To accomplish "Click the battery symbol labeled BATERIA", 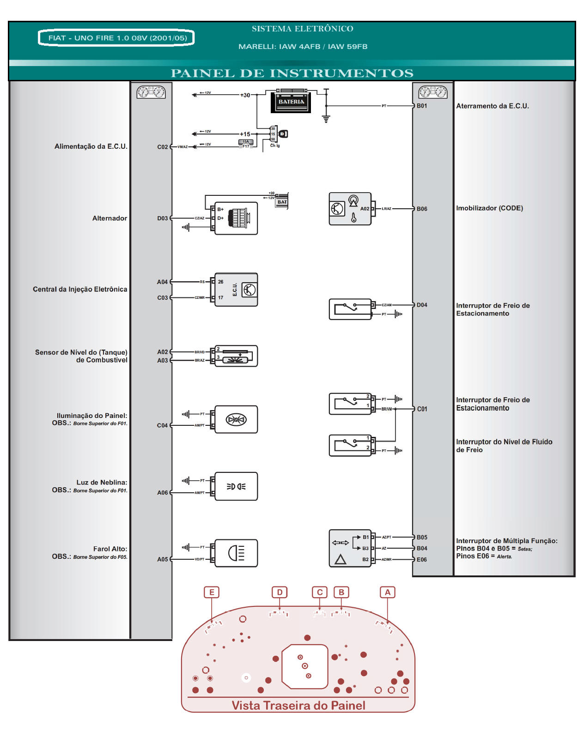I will click(291, 102).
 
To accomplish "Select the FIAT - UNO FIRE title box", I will click(116, 38).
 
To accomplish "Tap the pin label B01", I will click(422, 106).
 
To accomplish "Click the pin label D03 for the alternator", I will click(163, 218).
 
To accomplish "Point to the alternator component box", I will click(236, 218).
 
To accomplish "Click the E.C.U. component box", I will click(236, 290).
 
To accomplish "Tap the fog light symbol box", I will click(236, 486).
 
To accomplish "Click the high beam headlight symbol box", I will click(236, 553).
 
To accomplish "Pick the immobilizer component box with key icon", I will click(350, 209).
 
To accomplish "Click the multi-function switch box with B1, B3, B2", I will click(350, 548).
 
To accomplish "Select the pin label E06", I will click(422, 560).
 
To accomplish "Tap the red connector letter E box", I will click(212, 593).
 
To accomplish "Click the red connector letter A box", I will click(388, 593).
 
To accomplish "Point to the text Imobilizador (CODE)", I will click(489, 208).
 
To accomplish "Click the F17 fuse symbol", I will click(246, 144).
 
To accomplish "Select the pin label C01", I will click(422, 409).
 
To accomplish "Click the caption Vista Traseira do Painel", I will click(298, 705).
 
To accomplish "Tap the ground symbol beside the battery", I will click(326, 119).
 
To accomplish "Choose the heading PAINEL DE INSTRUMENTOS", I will click(292, 73).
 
